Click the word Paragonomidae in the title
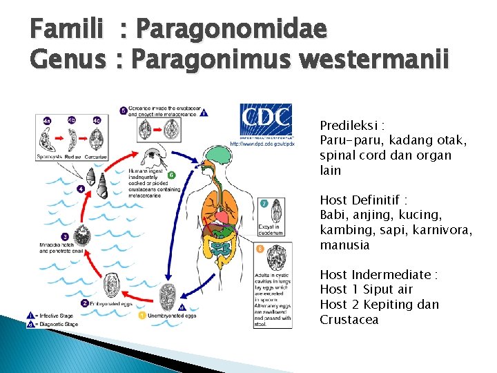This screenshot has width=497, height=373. (231, 30)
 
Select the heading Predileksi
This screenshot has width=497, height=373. (351, 126)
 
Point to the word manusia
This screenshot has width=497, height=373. (344, 245)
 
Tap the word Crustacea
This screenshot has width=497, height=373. (349, 320)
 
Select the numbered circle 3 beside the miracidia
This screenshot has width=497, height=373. (84, 236)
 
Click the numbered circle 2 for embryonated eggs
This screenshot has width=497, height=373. (84, 303)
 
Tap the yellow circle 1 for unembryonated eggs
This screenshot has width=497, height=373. (142, 316)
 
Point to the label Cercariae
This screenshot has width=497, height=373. (96, 157)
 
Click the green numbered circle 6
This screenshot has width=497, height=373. (171, 175)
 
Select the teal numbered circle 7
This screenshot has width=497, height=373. (263, 202)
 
